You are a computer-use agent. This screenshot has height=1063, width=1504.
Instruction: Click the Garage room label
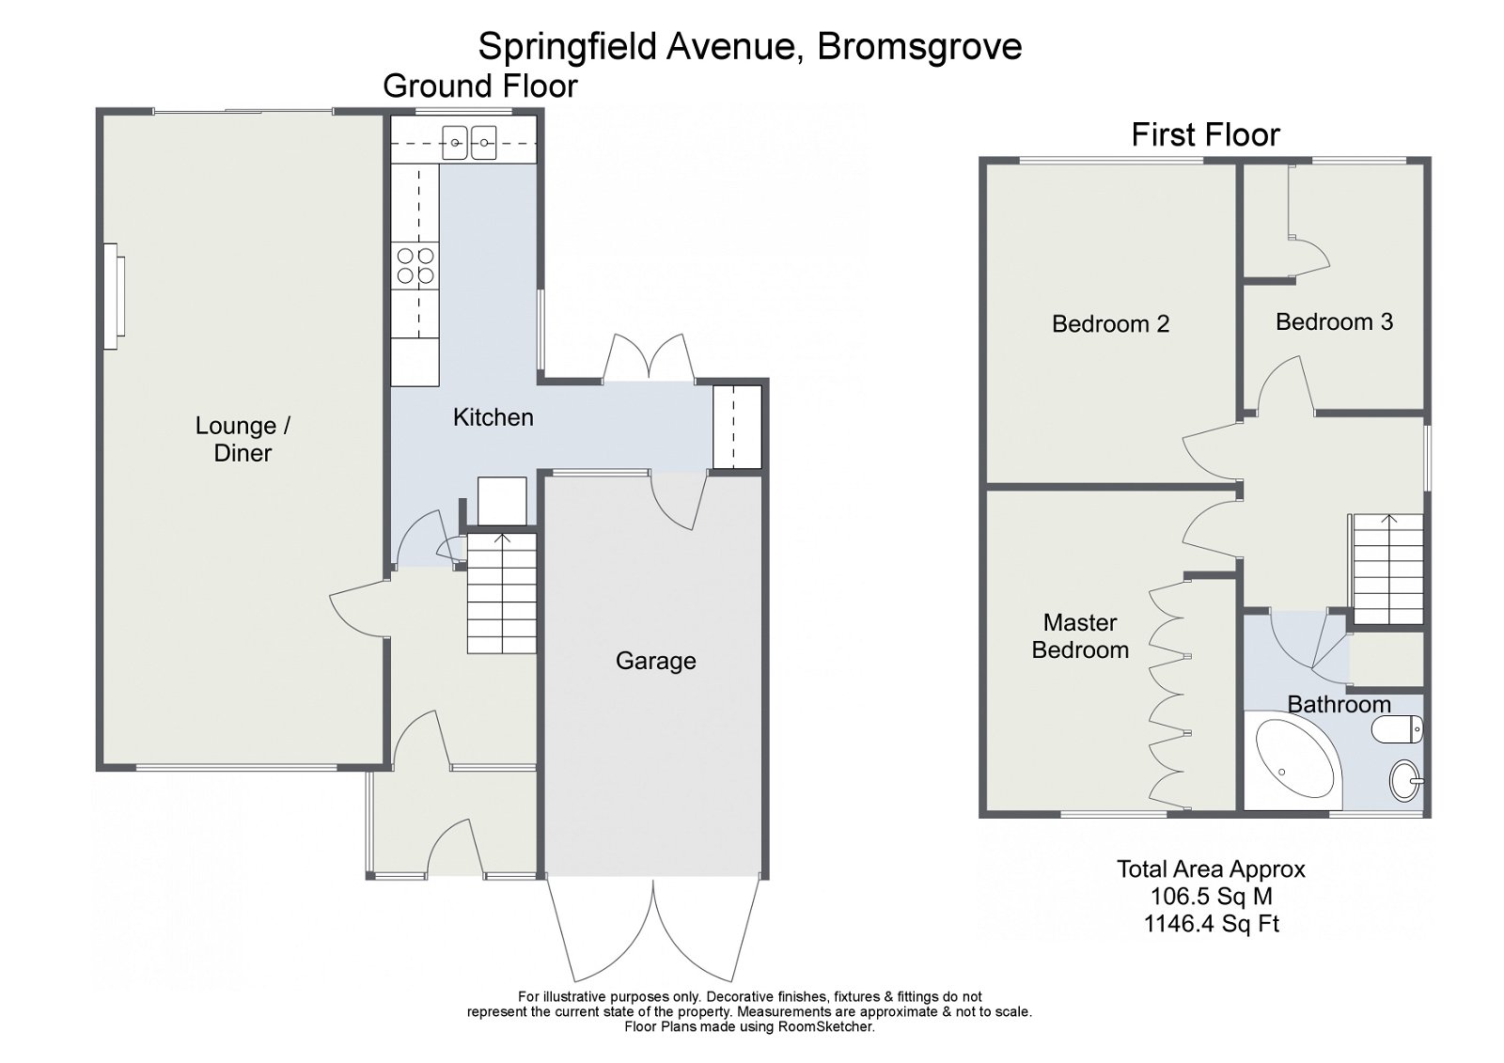click(x=655, y=661)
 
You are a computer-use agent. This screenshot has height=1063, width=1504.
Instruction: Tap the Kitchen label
click(x=493, y=417)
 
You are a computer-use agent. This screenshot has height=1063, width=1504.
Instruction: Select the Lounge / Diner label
click(x=243, y=439)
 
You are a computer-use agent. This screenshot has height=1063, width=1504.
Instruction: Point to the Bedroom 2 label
click(x=1110, y=324)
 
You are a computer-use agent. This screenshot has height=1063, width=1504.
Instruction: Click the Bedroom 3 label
click(x=1334, y=322)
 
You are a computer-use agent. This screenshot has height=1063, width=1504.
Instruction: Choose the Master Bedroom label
click(x=1080, y=636)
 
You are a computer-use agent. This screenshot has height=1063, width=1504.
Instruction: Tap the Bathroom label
click(x=1339, y=704)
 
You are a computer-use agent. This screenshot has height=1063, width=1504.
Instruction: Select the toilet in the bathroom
click(x=1399, y=729)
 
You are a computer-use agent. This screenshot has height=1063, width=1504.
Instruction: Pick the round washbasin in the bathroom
click(x=1404, y=779)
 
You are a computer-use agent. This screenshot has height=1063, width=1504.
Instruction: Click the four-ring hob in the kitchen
click(x=415, y=265)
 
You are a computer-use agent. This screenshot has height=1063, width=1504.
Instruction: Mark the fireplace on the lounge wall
click(x=113, y=297)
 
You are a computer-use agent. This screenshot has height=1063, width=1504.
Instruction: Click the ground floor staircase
click(x=502, y=593)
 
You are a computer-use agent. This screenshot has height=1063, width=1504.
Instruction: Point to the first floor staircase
click(x=1387, y=570)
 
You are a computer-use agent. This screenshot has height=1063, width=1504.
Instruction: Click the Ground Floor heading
click(x=479, y=86)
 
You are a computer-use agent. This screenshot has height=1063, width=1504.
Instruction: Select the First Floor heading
click(x=1205, y=135)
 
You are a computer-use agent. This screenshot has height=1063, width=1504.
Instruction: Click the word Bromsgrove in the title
click(x=918, y=46)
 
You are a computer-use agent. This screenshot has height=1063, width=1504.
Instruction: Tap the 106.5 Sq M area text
click(x=1211, y=897)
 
